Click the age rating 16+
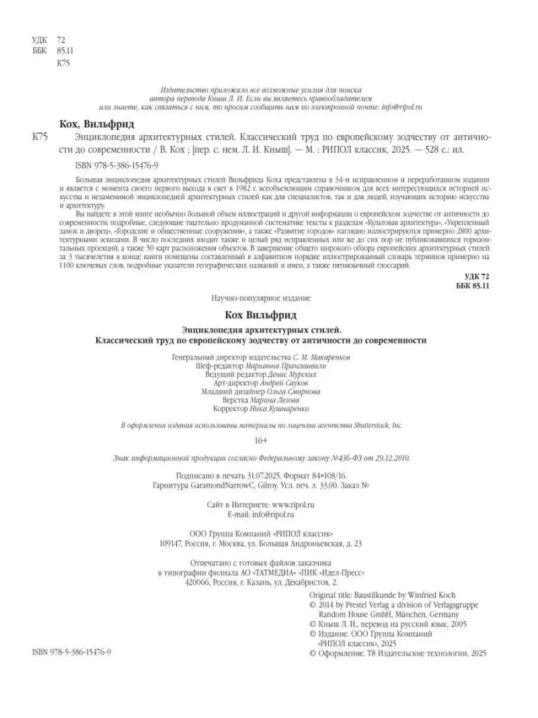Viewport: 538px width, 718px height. (x=261, y=440)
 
